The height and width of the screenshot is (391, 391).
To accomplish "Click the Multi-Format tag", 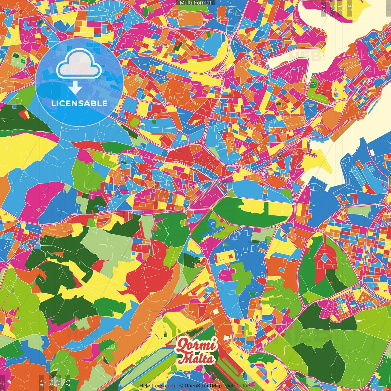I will (x=195, y=3).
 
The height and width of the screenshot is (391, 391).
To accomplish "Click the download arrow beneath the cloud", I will (x=75, y=88).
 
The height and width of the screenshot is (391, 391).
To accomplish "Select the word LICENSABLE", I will (x=79, y=103).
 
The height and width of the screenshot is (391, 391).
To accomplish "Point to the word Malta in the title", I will (x=195, y=358).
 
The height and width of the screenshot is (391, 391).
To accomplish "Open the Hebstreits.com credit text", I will (x=157, y=386).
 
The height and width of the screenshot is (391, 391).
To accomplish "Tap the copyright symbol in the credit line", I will (x=181, y=386).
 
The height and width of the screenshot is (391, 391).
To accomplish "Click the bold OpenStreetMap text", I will (x=203, y=386).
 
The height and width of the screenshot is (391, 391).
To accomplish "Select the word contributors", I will (x=237, y=386).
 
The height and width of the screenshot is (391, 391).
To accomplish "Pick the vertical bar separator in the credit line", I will (x=177, y=386).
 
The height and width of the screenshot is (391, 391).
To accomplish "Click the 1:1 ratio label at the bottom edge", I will (x=2, y=382).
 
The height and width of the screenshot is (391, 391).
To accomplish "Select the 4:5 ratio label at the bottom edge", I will (x=41, y=382).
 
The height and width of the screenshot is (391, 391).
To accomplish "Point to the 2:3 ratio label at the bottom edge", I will (x=68, y=382).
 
